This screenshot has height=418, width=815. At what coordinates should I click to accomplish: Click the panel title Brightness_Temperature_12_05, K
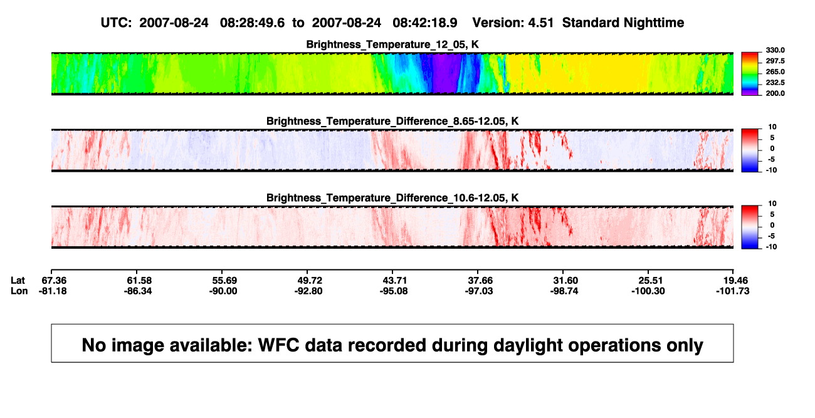click(392, 44)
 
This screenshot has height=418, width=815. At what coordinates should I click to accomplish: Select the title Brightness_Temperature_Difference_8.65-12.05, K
click(392, 121)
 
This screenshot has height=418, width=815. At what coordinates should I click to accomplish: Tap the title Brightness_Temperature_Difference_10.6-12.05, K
click(392, 198)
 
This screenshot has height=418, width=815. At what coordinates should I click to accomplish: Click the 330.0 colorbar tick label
click(775, 50)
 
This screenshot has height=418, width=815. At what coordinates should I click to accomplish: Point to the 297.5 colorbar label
click(775, 61)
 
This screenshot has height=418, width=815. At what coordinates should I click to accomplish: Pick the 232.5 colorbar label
click(775, 83)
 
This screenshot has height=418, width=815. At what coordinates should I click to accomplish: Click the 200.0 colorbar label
click(775, 93)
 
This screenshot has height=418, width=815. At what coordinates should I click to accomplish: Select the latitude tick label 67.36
click(53, 281)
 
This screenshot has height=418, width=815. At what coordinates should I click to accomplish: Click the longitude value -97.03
click(479, 291)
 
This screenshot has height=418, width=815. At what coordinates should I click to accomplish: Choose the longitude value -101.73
click(733, 291)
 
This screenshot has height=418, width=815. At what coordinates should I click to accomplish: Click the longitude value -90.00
click(223, 291)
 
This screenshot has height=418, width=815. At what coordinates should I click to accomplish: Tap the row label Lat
click(18, 281)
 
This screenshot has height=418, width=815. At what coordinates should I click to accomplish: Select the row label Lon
click(19, 291)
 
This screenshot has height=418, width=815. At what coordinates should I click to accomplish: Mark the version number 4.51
click(540, 23)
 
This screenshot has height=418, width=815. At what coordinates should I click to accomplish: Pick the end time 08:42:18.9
click(425, 23)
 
